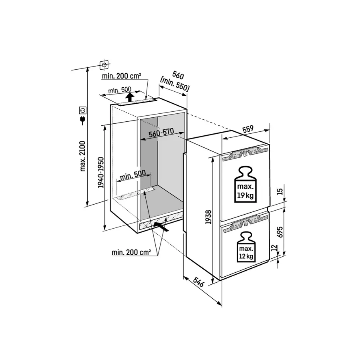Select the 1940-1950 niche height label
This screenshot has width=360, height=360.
tap(101, 172)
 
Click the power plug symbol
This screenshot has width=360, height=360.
tap(83, 120)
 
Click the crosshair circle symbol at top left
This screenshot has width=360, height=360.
tap(104, 64)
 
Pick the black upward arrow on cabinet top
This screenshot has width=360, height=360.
tap(129, 98)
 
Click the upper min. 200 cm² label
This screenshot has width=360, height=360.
tap(121, 76)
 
